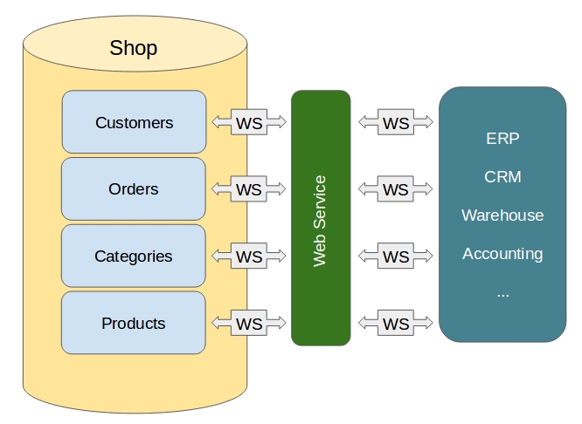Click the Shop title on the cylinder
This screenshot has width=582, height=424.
tap(134, 47)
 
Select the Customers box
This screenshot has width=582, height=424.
tap(134, 122)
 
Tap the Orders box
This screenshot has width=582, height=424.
tap(134, 189)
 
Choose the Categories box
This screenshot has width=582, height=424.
tap(134, 256)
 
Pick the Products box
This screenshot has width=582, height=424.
tap(134, 324)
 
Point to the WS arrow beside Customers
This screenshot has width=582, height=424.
tap(249, 122)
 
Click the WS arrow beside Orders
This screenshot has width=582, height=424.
tap(249, 189)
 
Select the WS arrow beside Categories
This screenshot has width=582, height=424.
tap(249, 256)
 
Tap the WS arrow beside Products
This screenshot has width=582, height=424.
tap(249, 324)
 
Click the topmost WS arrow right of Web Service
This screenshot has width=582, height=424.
tap(396, 122)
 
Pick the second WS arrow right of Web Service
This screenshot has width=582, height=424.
tap(396, 189)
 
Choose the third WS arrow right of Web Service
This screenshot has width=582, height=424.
tap(396, 256)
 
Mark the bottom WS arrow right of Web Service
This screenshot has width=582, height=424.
tap(396, 324)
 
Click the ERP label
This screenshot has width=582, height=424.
tap(502, 138)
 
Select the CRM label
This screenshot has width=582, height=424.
tap(502, 176)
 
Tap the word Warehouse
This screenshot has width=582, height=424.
tap(502, 215)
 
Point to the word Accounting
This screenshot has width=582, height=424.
tap(502, 254)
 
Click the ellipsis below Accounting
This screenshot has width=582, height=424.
tap(502, 294)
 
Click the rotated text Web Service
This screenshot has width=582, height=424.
tap(320, 220)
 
